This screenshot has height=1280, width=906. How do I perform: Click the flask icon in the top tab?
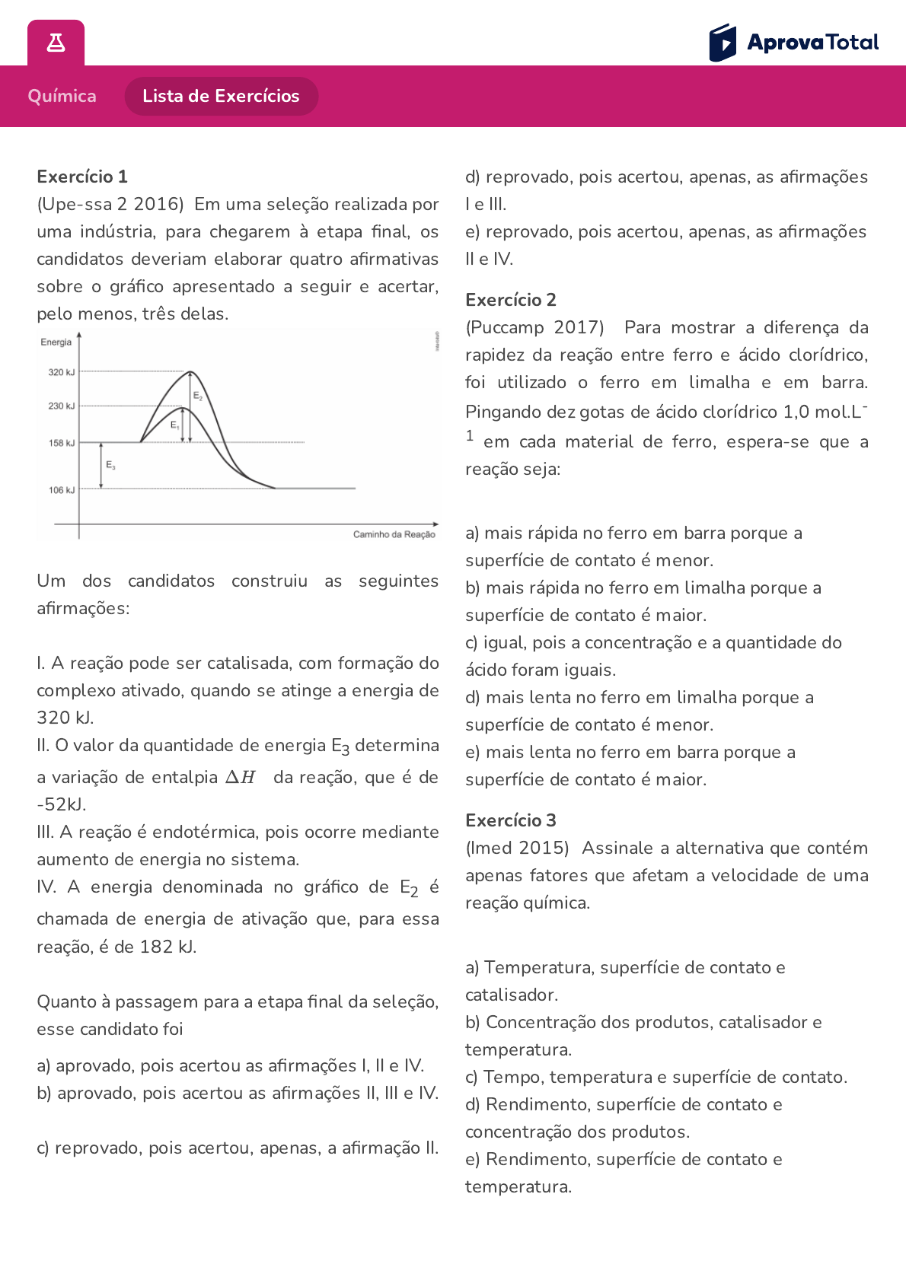[x=56, y=43]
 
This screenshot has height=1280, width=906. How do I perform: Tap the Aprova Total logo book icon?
[x=723, y=43]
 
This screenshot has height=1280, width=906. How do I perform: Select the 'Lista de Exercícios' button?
[x=221, y=96]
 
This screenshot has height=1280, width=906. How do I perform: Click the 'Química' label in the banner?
[x=62, y=96]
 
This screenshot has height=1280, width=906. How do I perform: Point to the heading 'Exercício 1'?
[x=82, y=177]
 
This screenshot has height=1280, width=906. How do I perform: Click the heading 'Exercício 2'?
[x=511, y=300]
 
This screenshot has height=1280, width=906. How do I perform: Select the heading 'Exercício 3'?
[x=511, y=820]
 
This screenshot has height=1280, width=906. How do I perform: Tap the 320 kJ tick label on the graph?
[x=62, y=372]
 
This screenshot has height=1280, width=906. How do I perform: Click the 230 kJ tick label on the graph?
[x=62, y=406]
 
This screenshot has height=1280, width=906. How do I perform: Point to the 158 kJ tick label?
[x=62, y=443]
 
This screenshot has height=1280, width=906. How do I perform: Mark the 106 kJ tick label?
[x=62, y=490]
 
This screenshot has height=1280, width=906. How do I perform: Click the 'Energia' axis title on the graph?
[x=56, y=342]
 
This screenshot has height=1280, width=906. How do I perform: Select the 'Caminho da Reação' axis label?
[x=394, y=534]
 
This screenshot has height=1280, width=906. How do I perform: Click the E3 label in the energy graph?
[x=111, y=464]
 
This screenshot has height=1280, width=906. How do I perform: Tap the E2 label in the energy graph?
[x=198, y=396]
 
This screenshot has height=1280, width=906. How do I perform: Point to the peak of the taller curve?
[x=191, y=372]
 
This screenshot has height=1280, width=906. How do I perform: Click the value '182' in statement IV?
[x=156, y=947]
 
